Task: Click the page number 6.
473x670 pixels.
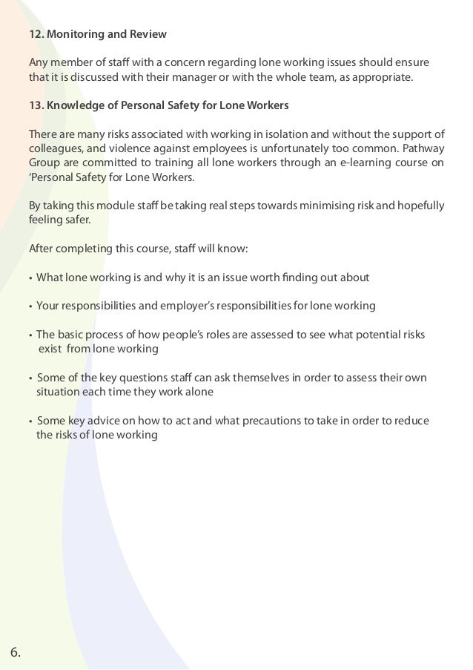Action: point(16,653)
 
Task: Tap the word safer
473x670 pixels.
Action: point(75,220)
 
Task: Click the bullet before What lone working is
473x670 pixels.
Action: point(30,278)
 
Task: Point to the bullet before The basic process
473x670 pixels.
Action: point(30,335)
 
